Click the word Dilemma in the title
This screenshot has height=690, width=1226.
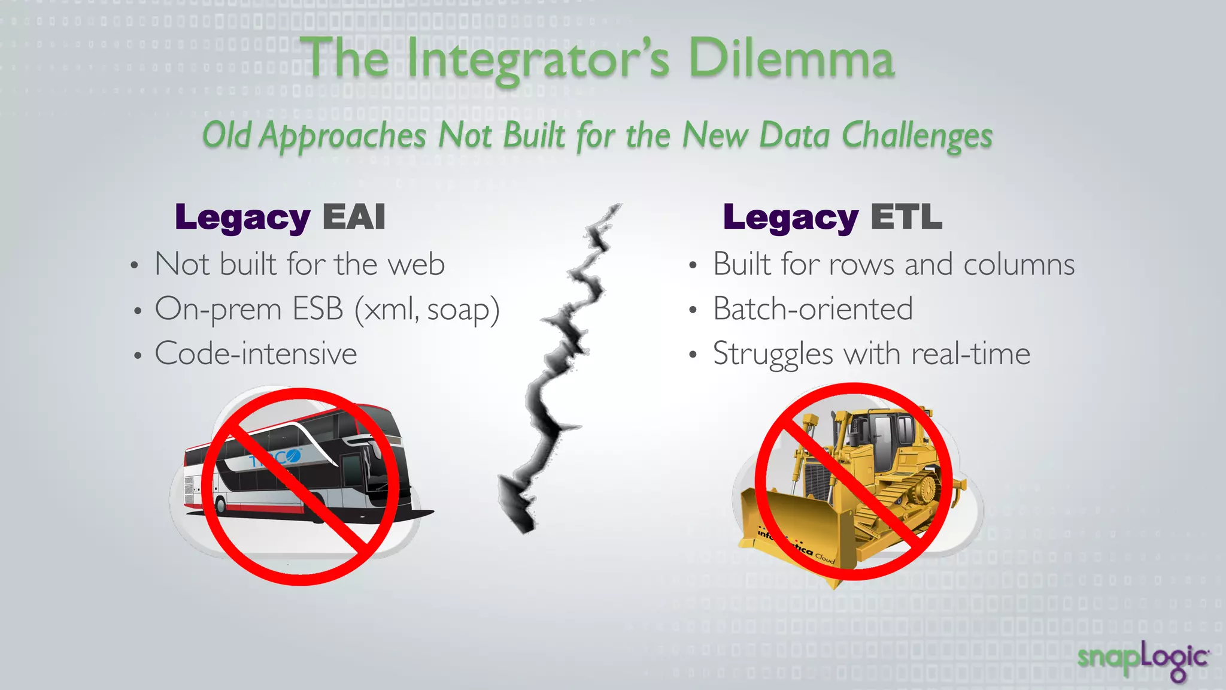[x=791, y=59]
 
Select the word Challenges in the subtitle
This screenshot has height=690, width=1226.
[x=917, y=136]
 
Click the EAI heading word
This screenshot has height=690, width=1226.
[x=354, y=217]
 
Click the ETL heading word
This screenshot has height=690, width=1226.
[x=906, y=217]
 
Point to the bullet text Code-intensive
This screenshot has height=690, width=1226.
[x=256, y=353]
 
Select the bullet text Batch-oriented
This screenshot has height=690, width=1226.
[x=812, y=309]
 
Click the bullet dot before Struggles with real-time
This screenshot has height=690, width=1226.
[x=693, y=355]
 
